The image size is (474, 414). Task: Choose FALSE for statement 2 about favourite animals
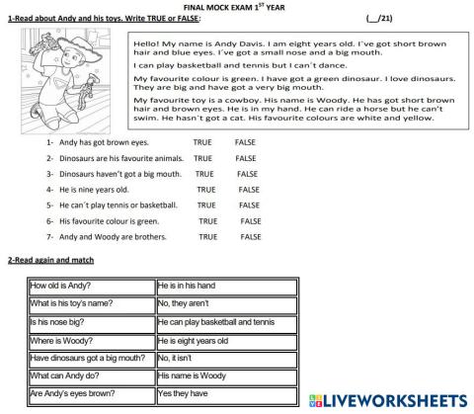[246, 158]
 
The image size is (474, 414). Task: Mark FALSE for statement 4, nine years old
[249, 189]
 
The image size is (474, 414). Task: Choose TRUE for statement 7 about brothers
[208, 237]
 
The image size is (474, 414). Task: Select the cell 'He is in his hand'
[226, 286]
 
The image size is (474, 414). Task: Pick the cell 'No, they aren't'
[226, 303]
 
